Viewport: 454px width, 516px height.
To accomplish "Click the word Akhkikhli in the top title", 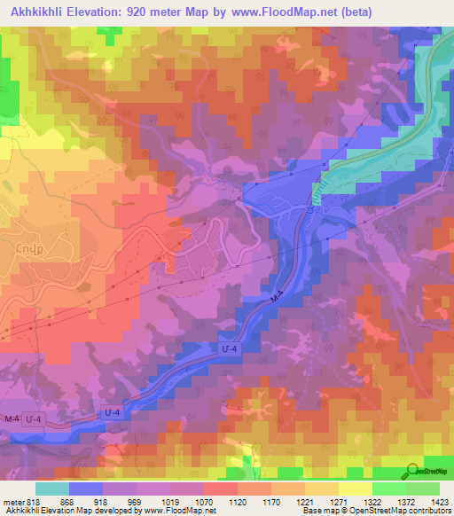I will point(41,12).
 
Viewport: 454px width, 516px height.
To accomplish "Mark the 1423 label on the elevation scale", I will point(441,501).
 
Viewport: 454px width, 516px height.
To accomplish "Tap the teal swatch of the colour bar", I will point(52,488).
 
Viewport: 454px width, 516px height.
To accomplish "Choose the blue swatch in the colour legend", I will point(86,488).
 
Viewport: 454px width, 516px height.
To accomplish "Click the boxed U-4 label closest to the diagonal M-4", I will point(229,349).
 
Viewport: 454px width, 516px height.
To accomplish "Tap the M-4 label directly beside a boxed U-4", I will point(12,417).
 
